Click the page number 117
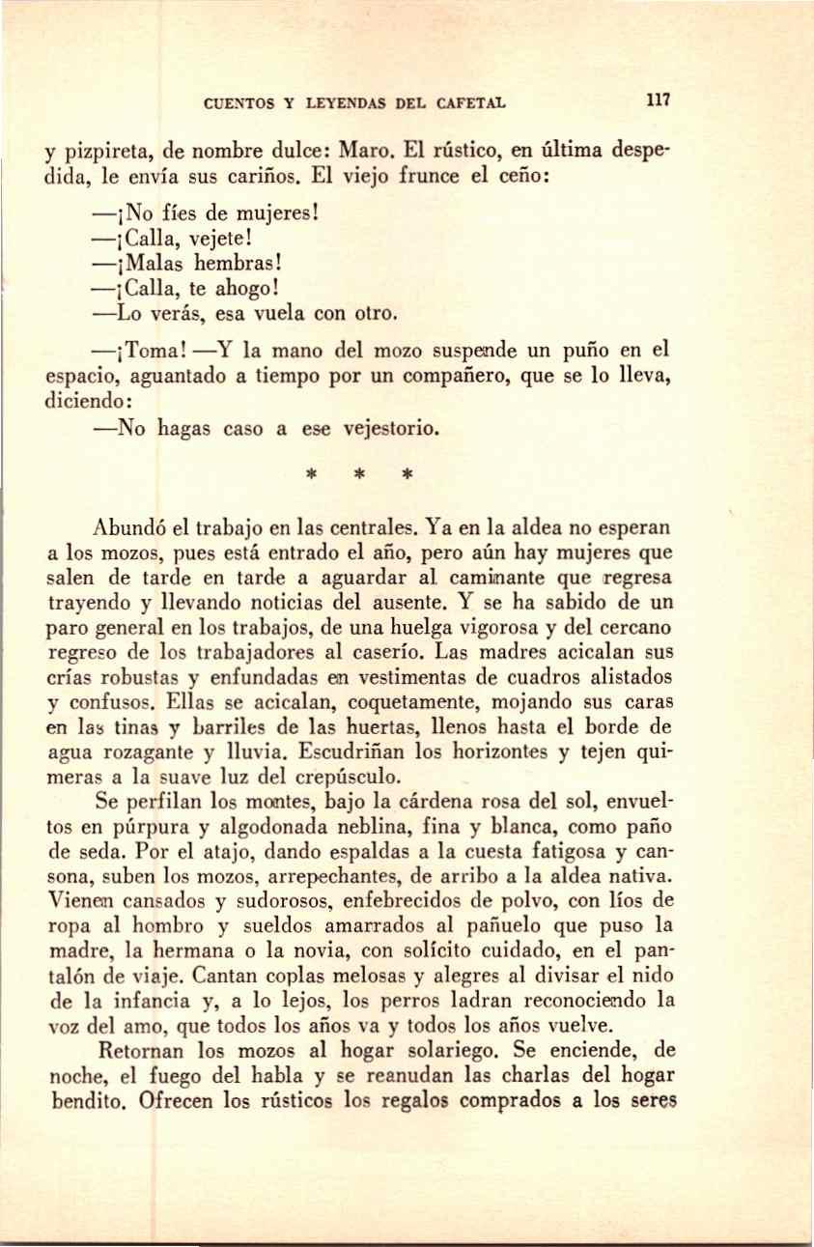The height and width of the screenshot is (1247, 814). (659, 99)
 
